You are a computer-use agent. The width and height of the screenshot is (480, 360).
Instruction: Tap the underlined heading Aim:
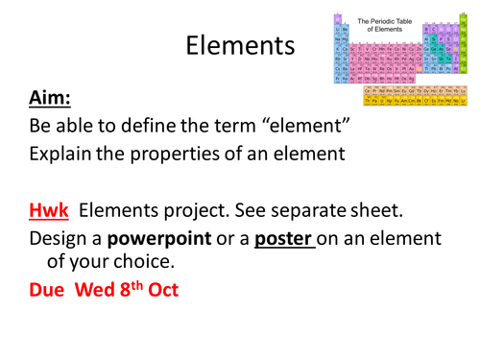[x=50, y=98]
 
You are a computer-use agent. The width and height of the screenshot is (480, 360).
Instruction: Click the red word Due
[x=51, y=289]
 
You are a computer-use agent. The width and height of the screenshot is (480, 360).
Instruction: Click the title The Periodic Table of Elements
[x=390, y=24]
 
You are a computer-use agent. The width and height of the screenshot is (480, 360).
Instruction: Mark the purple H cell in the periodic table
[x=338, y=17]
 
